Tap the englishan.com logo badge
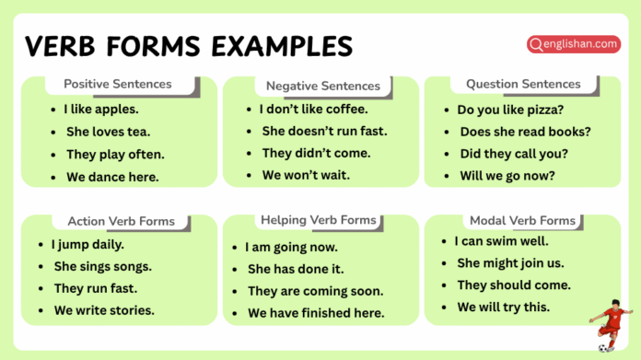click(x=573, y=43)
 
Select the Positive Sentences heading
click(x=118, y=84)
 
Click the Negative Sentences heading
click(x=322, y=86)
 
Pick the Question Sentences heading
click(x=523, y=84)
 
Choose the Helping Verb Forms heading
click(x=319, y=220)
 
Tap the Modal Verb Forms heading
click(x=522, y=220)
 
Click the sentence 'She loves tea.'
click(x=108, y=132)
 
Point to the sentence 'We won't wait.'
click(x=306, y=175)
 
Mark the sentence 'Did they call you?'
click(x=513, y=153)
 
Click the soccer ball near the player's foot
click(x=602, y=348)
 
